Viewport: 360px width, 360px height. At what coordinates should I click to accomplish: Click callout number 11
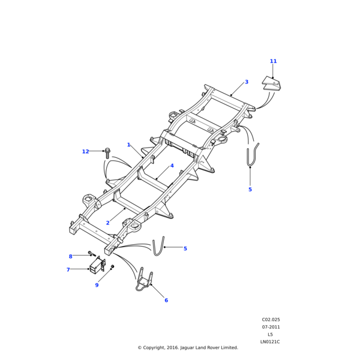tap(273, 61)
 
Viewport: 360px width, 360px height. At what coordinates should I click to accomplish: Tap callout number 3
tap(263, 82)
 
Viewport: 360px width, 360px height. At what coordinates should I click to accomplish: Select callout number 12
tap(85, 152)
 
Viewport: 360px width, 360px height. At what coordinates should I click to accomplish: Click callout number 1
tap(128, 145)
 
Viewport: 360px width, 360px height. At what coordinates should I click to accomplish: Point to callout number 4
tap(172, 166)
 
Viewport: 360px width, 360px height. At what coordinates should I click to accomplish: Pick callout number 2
tap(107, 223)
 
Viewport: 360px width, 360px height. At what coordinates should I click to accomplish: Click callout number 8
tap(70, 256)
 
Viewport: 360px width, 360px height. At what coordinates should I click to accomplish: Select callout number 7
tap(68, 270)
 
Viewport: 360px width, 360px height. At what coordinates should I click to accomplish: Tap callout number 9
tap(97, 285)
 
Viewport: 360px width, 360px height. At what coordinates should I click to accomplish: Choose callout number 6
tap(166, 300)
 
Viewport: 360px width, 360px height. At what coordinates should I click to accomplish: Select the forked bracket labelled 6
tap(144, 281)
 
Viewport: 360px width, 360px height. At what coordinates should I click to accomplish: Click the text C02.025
tap(271, 320)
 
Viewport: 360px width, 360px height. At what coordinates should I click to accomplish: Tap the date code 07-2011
tap(271, 327)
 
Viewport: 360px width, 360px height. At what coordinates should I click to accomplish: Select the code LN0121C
tap(270, 342)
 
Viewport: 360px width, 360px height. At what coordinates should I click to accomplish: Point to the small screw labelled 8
tap(91, 253)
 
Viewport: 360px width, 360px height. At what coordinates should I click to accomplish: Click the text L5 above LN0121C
tap(270, 334)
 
